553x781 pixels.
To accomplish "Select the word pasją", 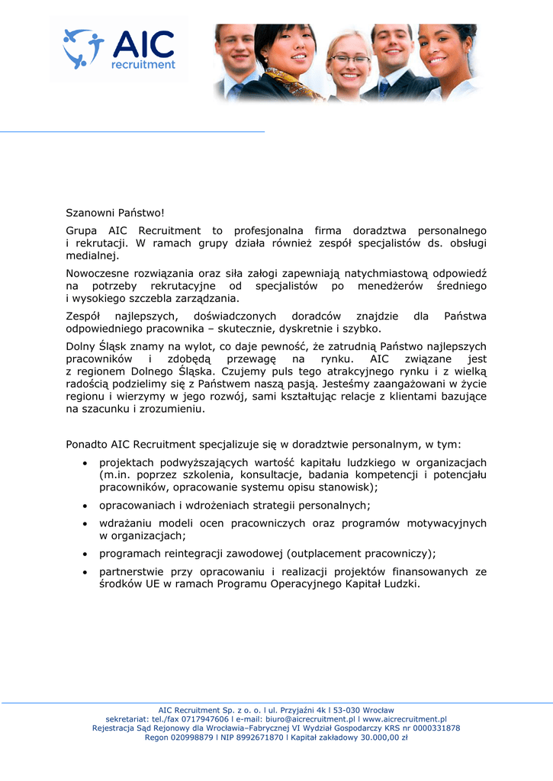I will (302, 384).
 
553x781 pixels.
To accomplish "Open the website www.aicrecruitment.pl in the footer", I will (404, 719).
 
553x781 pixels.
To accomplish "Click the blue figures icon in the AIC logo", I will (83, 48).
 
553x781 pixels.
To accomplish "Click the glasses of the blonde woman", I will (350, 59).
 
